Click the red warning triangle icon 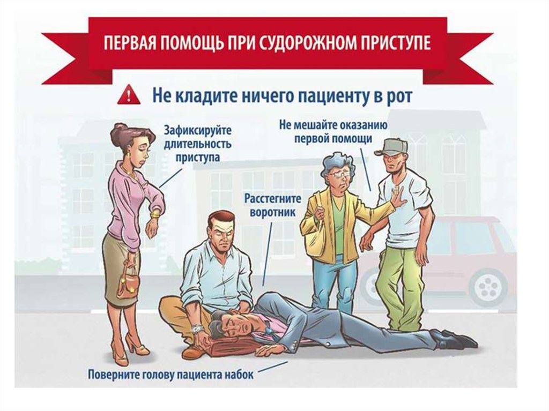click(x=129, y=95)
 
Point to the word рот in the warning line click(x=398, y=96)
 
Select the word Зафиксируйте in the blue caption click(x=198, y=131)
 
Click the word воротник click(x=272, y=212)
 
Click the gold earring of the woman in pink click(x=132, y=154)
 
